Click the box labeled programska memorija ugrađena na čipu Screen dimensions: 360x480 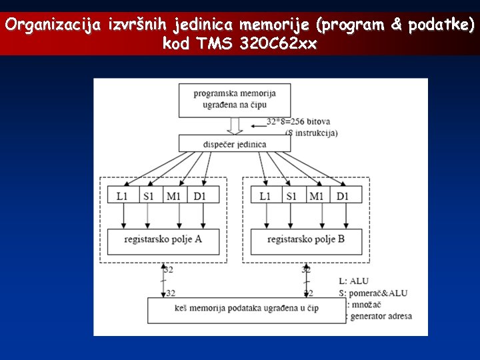click(x=235, y=99)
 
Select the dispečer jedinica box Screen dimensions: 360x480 click(x=234, y=144)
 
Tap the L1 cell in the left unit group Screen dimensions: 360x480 click(x=122, y=195)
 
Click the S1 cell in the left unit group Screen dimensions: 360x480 click(x=147, y=195)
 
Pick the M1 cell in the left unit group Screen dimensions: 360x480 click(x=173, y=195)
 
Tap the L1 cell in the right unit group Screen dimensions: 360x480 click(x=265, y=195)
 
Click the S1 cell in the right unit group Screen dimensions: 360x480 click(x=291, y=195)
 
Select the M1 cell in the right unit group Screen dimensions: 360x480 click(x=317, y=195)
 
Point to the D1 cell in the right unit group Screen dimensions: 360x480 click(x=343, y=195)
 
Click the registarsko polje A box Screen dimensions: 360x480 click(x=163, y=239)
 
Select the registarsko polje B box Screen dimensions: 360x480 click(x=306, y=239)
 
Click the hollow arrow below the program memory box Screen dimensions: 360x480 click(x=235, y=125)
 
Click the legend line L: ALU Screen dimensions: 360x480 click(x=353, y=281)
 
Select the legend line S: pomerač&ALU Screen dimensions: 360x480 click(x=373, y=293)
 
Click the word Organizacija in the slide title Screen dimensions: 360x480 click(x=53, y=25)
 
